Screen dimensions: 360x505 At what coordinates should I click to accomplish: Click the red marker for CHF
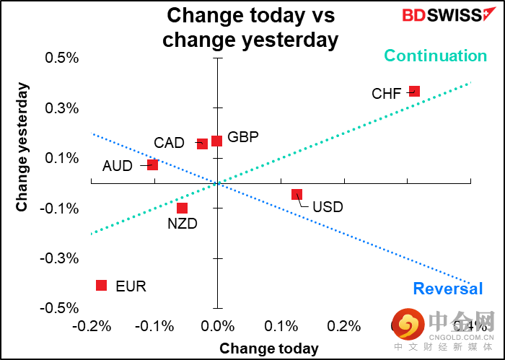click(414, 91)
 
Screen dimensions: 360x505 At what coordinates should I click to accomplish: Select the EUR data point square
click(101, 285)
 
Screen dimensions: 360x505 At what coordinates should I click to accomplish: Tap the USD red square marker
click(297, 194)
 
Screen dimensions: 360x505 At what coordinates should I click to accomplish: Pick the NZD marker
click(182, 208)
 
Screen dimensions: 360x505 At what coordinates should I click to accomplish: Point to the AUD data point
click(152, 164)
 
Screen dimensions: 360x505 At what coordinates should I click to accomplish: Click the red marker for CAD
click(202, 144)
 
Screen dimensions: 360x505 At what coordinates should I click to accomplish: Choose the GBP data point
click(216, 141)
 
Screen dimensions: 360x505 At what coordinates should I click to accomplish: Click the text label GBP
click(243, 137)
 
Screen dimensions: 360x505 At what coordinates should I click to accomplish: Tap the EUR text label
click(131, 286)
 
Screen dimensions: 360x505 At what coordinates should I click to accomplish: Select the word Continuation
click(435, 56)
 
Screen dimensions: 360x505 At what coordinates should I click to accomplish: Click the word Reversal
click(447, 289)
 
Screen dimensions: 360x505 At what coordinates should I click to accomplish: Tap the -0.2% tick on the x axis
click(91, 325)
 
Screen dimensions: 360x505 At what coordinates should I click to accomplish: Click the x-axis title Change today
click(268, 348)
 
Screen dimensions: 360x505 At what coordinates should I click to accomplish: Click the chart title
click(250, 27)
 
